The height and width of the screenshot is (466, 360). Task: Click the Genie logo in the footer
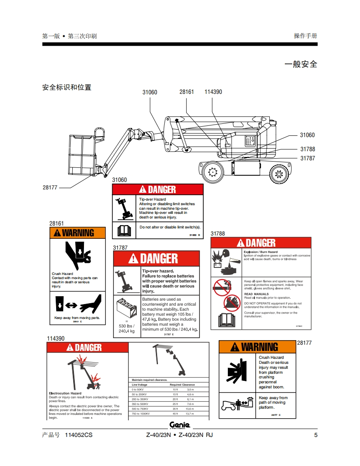180,425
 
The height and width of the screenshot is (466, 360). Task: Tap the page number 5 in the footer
316,435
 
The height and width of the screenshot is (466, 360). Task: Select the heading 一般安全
301,64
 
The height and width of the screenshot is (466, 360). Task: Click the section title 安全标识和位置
67,87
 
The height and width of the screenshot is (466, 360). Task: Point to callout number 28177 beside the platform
50,187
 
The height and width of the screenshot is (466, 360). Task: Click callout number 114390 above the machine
213,92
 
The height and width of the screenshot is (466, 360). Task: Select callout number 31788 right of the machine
308,149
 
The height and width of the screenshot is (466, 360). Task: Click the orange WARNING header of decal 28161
78,233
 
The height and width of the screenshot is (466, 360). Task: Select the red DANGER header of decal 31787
156,259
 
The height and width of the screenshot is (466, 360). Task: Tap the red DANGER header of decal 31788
261,243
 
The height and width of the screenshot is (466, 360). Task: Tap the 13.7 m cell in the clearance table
190,414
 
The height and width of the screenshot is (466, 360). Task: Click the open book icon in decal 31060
125,229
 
